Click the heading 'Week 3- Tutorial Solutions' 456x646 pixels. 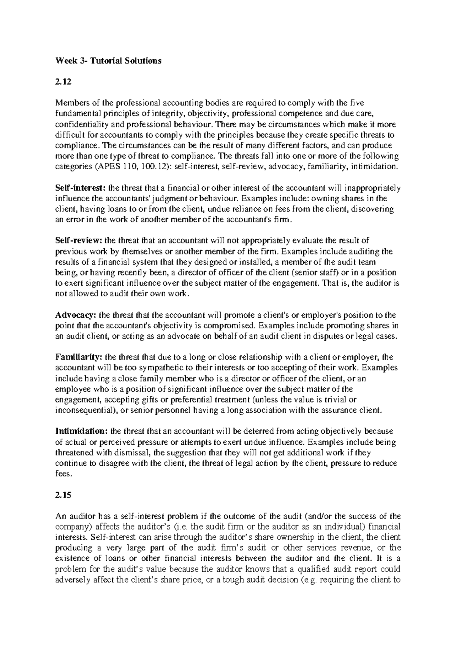coord(108,60)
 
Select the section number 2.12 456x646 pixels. coord(63,81)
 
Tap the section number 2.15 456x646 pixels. coord(63,495)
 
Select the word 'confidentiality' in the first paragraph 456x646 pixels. coord(79,124)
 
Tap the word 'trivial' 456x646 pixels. coord(331,400)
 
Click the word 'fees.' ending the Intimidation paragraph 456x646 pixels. coord(63,474)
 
